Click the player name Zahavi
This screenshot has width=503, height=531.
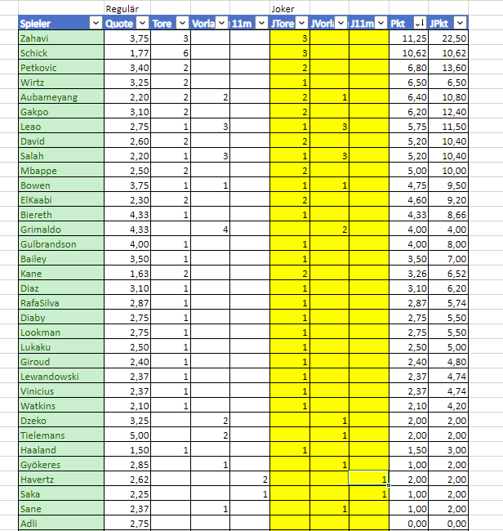34,38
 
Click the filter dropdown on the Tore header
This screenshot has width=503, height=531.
183,24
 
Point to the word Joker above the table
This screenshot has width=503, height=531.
283,8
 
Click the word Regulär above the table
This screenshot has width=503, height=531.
123,8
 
